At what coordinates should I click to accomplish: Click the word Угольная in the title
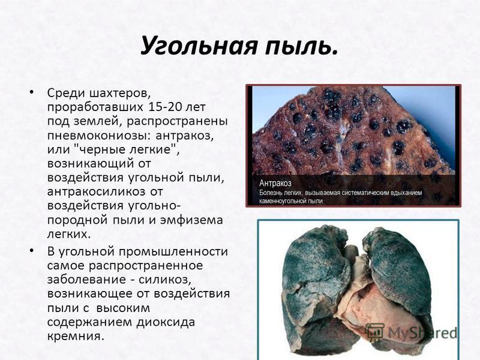point(199,46)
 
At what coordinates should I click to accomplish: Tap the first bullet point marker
point(31,92)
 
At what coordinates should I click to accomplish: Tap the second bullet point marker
point(31,251)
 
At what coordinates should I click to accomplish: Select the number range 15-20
point(164,107)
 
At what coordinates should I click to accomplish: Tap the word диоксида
point(166,322)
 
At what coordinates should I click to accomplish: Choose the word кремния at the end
point(74,336)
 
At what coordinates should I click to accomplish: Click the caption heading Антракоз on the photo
point(275,183)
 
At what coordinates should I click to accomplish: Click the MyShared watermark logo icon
point(376,332)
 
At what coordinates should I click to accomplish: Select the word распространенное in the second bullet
point(146,266)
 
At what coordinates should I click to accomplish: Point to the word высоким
point(123,308)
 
